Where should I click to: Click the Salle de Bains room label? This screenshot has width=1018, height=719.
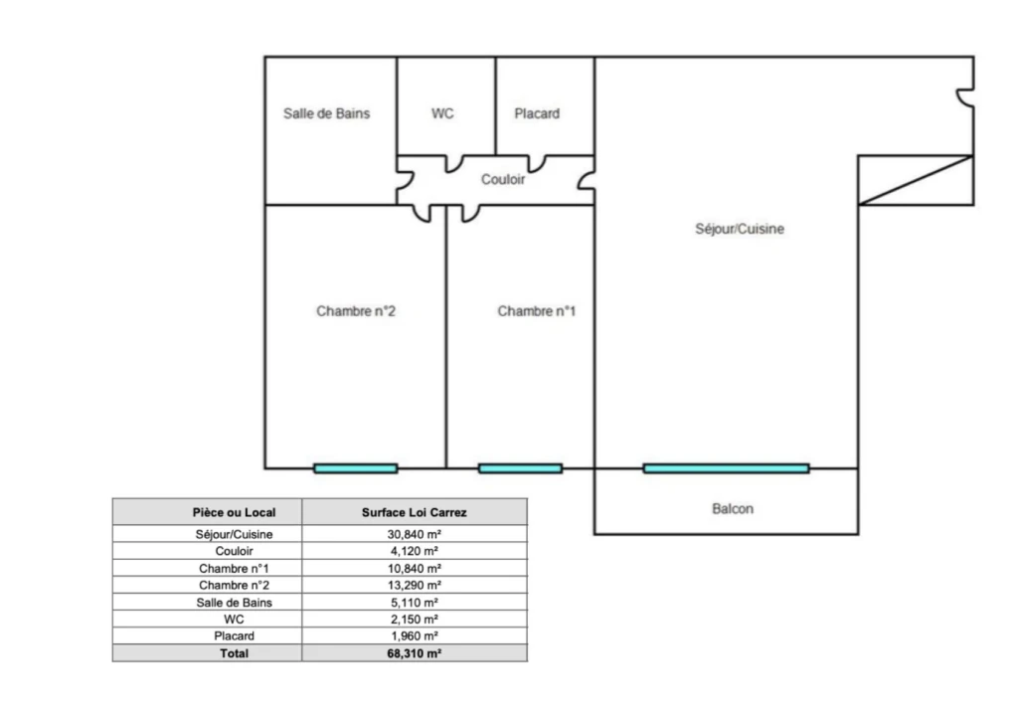[x=326, y=113]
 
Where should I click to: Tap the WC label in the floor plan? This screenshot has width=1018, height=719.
[x=442, y=113]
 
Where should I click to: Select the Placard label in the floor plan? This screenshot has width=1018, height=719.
[x=537, y=113]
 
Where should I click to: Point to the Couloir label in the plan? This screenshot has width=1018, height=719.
[x=503, y=179]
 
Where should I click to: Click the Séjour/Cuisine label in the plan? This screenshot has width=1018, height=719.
[x=740, y=229]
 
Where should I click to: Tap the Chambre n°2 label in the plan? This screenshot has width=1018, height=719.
[x=356, y=311]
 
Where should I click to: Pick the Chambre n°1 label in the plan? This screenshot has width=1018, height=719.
[x=537, y=311]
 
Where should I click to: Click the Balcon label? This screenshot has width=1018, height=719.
[x=733, y=508]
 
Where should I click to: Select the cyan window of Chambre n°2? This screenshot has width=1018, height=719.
[x=356, y=468]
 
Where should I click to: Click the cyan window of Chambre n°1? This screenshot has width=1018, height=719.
[x=520, y=468]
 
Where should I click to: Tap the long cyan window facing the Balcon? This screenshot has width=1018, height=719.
[x=727, y=468]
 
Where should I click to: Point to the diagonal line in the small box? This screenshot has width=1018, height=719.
[x=916, y=181]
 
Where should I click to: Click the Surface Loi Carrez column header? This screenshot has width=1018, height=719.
[x=415, y=512]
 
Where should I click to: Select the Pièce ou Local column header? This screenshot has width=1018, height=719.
[x=234, y=512]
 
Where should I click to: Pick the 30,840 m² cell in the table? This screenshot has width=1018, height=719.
[x=415, y=535]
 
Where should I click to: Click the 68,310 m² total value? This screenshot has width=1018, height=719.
[x=415, y=653]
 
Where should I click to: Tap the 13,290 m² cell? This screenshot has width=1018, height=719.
[x=415, y=585]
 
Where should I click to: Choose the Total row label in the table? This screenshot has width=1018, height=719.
[x=234, y=653]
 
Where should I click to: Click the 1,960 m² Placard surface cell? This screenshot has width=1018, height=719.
[x=415, y=635]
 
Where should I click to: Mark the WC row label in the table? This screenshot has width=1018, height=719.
[x=234, y=619]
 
